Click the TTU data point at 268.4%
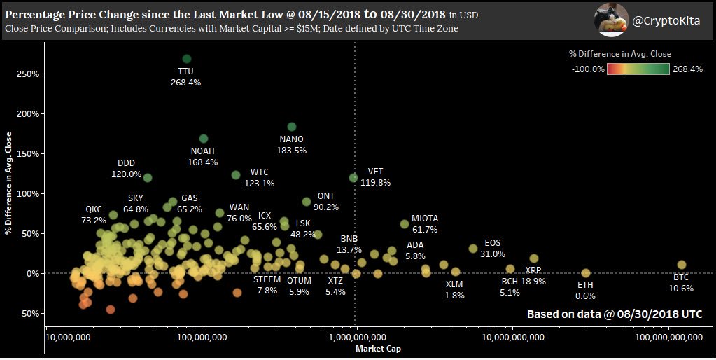(x=186, y=59)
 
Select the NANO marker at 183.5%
(x=292, y=127)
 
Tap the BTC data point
(x=681, y=265)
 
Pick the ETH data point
(x=586, y=273)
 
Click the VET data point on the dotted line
(x=353, y=178)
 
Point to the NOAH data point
(x=204, y=139)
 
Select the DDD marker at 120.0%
(x=148, y=178)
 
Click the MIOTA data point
(x=404, y=224)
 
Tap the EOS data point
(x=473, y=249)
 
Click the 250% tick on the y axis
(x=27, y=74)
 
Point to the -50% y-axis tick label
(x=27, y=313)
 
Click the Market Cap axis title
(x=378, y=349)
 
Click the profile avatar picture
(x=611, y=20)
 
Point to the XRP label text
(x=533, y=270)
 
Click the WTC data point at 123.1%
(x=236, y=175)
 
